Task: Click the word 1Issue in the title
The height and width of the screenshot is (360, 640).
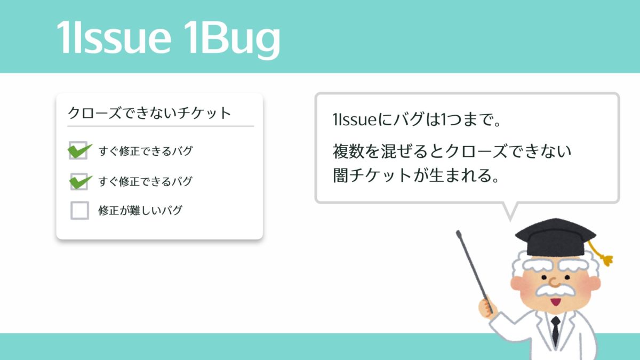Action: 114,37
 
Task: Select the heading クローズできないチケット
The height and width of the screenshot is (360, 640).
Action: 149,113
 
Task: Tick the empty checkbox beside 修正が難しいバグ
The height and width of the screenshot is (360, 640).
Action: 79,210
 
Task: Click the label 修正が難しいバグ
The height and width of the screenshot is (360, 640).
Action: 140,210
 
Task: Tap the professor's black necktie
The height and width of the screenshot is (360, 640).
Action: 555,331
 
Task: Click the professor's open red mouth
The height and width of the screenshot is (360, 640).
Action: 556,302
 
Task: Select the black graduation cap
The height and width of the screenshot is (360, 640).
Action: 555,237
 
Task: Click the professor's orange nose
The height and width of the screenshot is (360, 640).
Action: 554,282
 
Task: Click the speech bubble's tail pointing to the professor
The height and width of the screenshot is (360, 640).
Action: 510,211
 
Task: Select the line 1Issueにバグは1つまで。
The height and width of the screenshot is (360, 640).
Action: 417,119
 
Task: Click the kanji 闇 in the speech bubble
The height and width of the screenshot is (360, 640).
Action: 341,175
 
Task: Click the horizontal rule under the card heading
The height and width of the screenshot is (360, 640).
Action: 161,126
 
